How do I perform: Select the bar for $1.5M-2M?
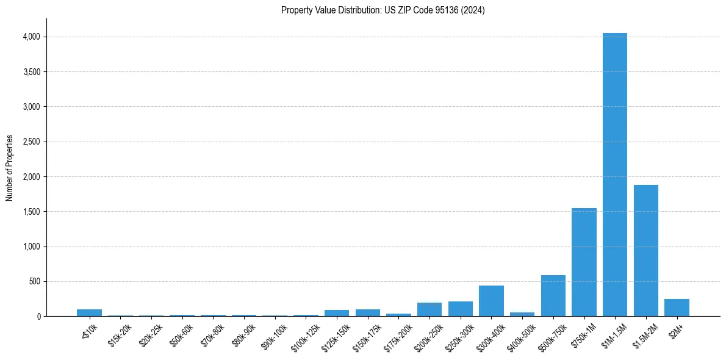645,250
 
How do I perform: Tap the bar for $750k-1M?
584,262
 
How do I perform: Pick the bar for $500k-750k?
553,296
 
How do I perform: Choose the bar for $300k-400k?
491,301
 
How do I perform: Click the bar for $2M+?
677,308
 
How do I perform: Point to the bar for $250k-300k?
460,309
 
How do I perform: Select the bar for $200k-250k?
429,309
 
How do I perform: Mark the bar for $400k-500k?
522,314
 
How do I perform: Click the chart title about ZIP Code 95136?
383,10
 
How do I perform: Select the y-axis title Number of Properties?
10,168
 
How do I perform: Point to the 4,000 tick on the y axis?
31,37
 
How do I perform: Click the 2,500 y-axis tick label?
31,142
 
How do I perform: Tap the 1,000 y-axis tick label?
31,247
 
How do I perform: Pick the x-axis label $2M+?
677,330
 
